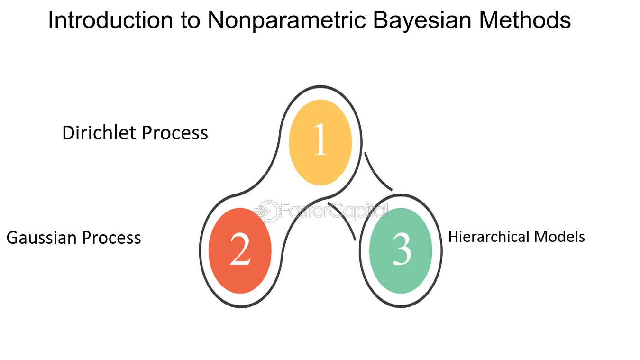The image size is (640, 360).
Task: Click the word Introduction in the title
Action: [110, 20]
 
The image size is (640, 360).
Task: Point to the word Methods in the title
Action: [525, 20]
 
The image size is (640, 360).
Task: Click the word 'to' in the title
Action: [190, 20]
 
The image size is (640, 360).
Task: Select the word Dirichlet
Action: [99, 133]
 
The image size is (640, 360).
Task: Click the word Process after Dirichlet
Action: [175, 133]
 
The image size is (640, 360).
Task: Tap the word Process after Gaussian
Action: [111, 238]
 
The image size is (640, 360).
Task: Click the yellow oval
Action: [320, 142]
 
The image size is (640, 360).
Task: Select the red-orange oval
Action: [240, 250]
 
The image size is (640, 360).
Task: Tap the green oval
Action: [401, 250]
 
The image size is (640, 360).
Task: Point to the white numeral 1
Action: [320, 139]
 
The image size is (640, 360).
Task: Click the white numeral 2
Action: [240, 249]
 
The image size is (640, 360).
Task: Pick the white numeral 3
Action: [402, 249]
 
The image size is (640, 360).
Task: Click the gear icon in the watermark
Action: [268, 212]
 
